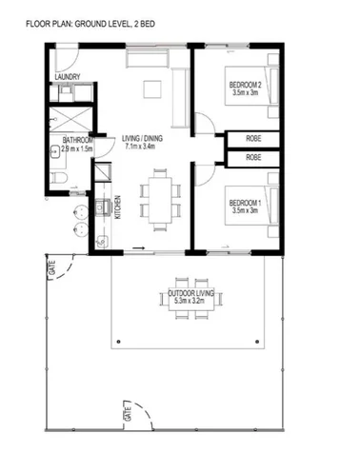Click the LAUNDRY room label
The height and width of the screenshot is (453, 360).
[x=66, y=77]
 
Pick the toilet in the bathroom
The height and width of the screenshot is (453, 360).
[x=58, y=179]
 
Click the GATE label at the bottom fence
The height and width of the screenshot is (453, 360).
[x=125, y=413]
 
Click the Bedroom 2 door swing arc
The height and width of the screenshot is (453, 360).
[x=203, y=122]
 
